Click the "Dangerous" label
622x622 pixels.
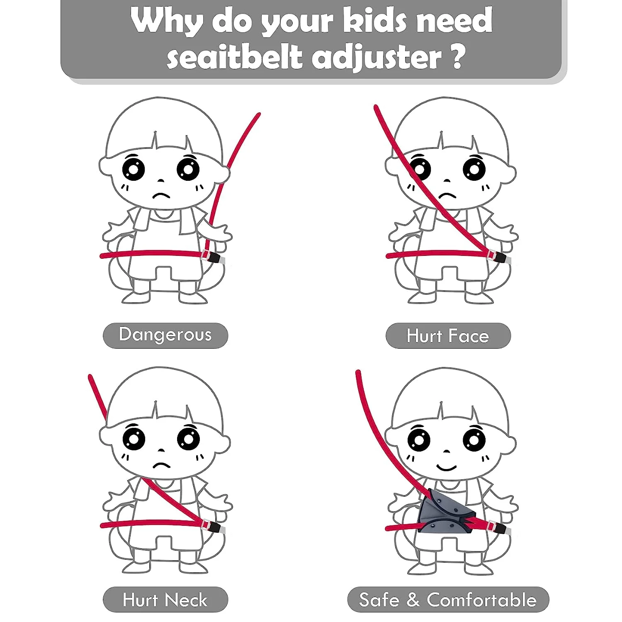(x=165, y=335)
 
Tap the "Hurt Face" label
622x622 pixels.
(x=448, y=336)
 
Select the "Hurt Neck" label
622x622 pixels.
(x=165, y=600)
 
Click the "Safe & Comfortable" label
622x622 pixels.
(x=448, y=600)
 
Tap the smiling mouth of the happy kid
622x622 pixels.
(x=446, y=467)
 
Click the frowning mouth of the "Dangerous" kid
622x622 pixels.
(x=161, y=195)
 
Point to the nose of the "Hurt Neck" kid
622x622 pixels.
(x=161, y=451)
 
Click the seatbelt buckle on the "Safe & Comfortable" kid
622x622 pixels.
(x=500, y=527)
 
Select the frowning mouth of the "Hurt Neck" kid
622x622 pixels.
(x=161, y=465)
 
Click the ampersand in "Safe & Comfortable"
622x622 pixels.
(x=413, y=600)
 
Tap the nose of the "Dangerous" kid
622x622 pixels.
(x=161, y=181)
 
